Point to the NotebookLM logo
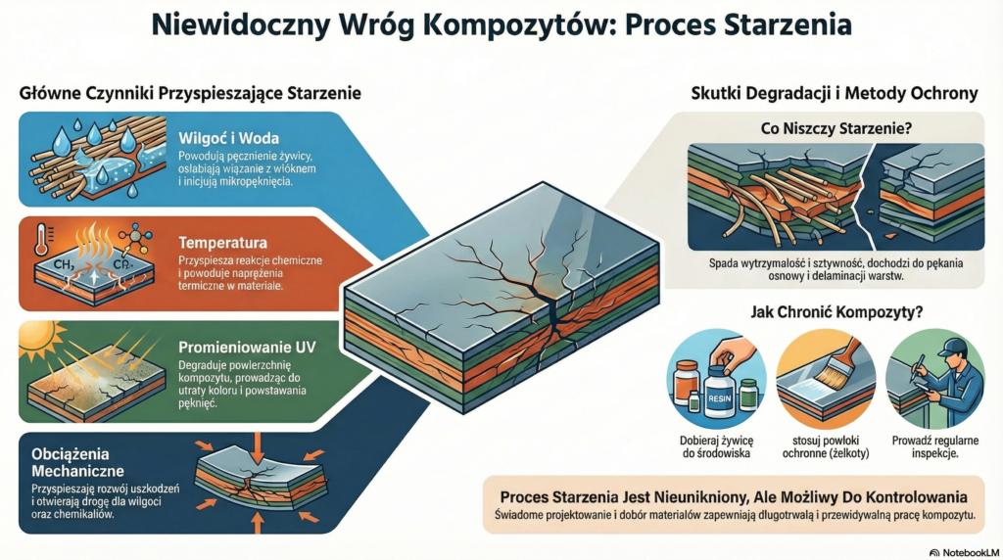click(x=963, y=551)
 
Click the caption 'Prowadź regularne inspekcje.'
click(x=937, y=446)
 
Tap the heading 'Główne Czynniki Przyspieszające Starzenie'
click(x=190, y=94)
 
